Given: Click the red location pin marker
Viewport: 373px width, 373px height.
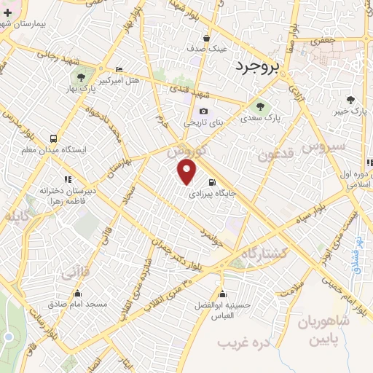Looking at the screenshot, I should (x=187, y=172).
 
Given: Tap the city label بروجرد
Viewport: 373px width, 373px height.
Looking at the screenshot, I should (x=258, y=68).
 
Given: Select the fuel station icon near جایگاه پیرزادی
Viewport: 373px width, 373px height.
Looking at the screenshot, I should (x=211, y=182).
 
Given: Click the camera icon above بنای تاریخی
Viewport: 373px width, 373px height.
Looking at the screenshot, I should (x=203, y=111).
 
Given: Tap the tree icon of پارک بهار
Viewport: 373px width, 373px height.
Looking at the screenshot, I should (x=80, y=77).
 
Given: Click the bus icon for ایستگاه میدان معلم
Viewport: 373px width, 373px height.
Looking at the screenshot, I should (x=52, y=138).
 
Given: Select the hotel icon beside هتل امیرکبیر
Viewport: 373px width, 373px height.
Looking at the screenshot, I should (x=119, y=70).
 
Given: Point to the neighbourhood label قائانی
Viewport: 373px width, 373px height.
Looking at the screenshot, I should (x=76, y=274).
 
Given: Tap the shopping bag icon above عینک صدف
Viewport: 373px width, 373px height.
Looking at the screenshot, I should (x=207, y=38).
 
